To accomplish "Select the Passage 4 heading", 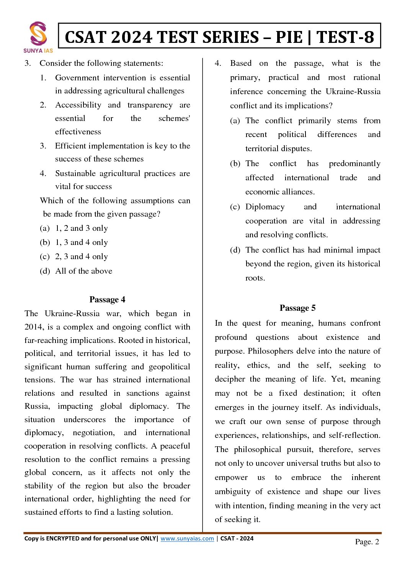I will pos(107,299).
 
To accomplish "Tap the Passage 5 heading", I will pos(297,308).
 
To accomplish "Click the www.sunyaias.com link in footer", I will pos(187,538).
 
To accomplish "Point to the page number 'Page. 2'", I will pos(367,541).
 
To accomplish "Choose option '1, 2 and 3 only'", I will pos(82,228).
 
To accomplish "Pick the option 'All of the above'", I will pos(84,271).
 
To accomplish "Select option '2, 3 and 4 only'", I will pos(82,256).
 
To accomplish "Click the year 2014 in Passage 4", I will pos(34,327).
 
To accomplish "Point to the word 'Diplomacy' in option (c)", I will pos(265,207).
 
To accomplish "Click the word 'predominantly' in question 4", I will pos(354,163).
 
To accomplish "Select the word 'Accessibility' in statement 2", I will pos(78,105).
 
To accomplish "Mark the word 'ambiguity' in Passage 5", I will pos(233,491).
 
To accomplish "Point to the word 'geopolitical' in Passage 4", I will pos(169,367).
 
